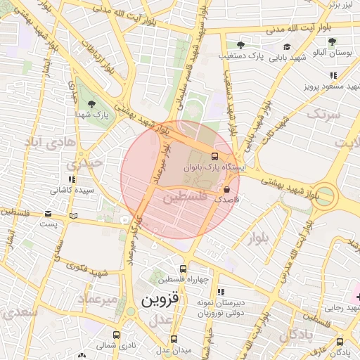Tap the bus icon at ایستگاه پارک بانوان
[x=214, y=157]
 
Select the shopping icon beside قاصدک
[x=226, y=189]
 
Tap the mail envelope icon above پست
[x=48, y=213]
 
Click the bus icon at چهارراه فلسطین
[x=184, y=269]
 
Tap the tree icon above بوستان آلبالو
[x=331, y=42]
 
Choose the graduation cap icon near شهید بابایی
[x=286, y=47]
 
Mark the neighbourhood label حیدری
[x=85, y=163]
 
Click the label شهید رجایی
[x=342, y=307]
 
